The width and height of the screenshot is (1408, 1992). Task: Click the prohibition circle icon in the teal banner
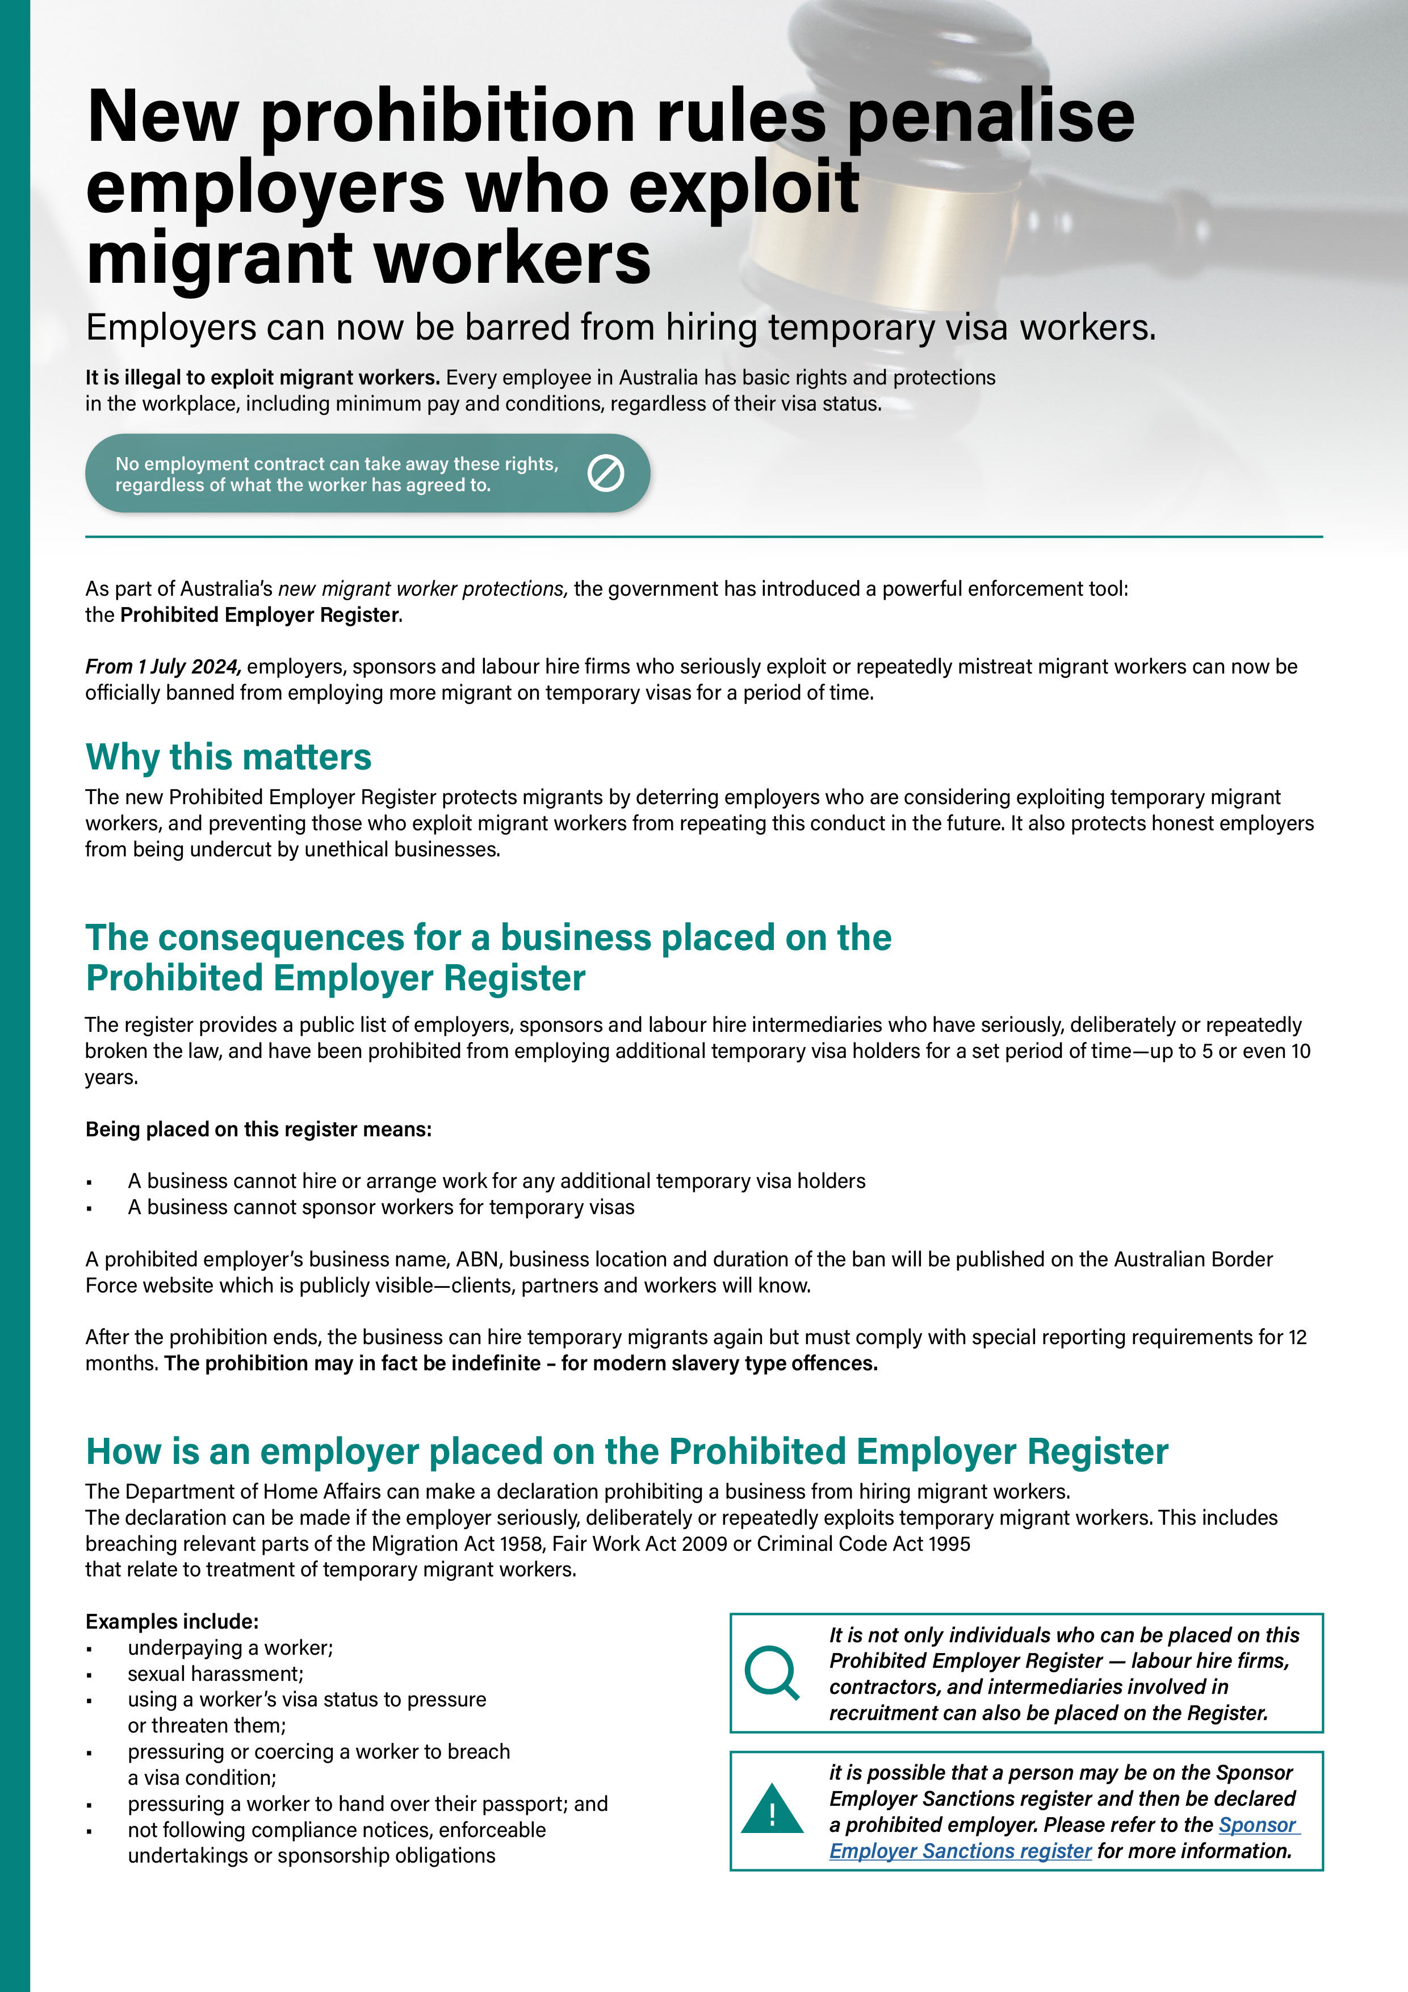pos(606,474)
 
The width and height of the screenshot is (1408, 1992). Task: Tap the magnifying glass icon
pos(770,1672)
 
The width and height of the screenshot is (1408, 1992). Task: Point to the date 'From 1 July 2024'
pos(163,666)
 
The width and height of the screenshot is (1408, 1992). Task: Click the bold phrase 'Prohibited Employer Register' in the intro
pos(260,615)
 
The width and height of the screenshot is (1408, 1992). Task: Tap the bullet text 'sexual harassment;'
pos(215,1673)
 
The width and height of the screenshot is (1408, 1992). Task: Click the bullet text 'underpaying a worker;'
pos(230,1647)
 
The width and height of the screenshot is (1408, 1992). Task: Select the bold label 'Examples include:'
pos(172,1622)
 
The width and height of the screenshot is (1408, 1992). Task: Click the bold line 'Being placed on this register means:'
pos(258,1129)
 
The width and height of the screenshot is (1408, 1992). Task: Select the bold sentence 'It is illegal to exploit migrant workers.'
pos(262,378)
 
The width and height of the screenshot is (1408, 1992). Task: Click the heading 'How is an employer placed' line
pos(626,1451)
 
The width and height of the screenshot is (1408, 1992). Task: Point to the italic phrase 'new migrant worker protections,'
pos(422,589)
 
